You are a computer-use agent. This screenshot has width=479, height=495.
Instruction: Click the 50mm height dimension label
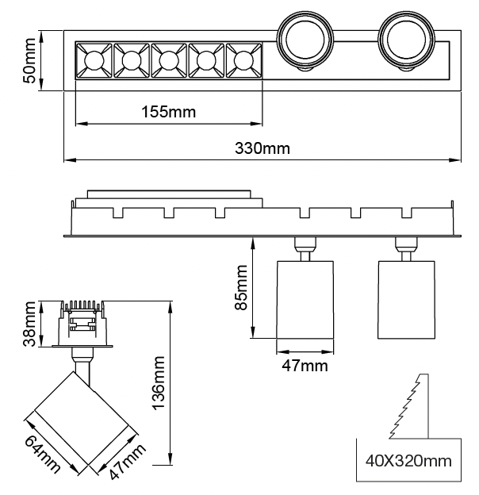click(29, 61)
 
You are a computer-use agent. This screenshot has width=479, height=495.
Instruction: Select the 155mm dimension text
click(169, 112)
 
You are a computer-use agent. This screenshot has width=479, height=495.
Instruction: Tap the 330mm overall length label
click(262, 148)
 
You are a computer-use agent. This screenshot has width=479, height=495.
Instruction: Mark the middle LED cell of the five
click(169, 59)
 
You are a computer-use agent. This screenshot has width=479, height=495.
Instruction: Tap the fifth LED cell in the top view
click(243, 59)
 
